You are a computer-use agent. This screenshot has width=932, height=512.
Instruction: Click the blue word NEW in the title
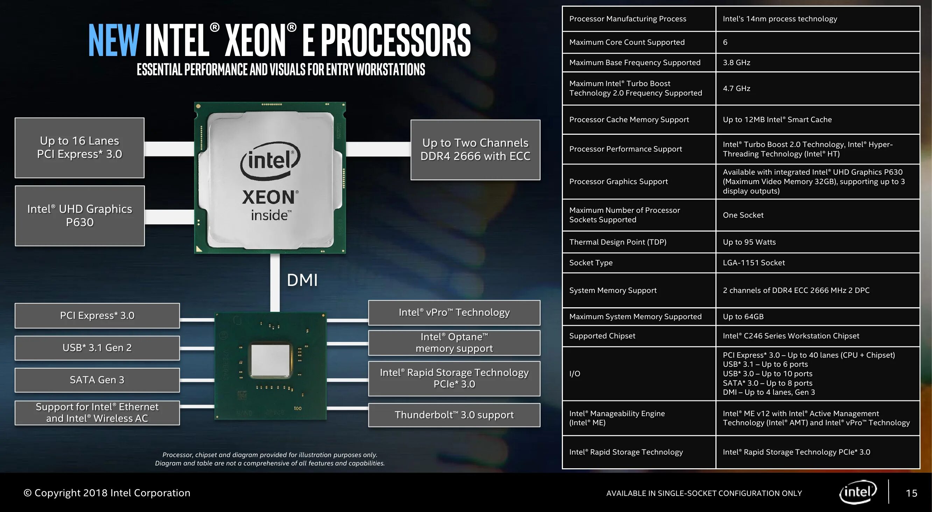click(114, 41)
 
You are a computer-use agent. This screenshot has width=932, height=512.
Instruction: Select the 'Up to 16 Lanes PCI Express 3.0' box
click(80, 148)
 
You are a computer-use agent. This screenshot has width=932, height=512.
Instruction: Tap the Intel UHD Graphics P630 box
click(80, 216)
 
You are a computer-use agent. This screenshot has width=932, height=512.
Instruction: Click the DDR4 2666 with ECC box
click(475, 150)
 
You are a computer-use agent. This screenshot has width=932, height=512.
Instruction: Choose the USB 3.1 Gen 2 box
click(97, 348)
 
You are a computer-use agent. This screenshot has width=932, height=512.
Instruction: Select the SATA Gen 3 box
click(97, 380)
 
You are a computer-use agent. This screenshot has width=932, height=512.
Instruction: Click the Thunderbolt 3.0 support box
click(454, 415)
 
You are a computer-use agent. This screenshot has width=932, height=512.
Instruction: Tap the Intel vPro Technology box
click(454, 313)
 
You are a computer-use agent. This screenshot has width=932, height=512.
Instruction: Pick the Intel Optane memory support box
click(454, 343)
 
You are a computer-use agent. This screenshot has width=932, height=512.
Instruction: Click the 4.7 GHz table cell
click(736, 89)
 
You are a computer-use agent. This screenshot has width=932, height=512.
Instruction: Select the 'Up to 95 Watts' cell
click(749, 242)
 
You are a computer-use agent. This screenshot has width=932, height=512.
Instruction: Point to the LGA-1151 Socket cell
click(754, 263)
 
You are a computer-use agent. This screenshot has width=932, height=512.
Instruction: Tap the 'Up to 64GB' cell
click(743, 317)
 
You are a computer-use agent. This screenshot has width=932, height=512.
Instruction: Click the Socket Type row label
click(591, 263)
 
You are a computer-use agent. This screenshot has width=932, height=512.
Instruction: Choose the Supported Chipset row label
click(602, 336)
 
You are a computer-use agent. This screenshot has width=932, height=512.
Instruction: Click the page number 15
click(911, 493)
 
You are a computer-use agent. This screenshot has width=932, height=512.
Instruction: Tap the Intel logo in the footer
click(858, 492)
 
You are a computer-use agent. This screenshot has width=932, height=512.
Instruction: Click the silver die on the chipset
click(271, 365)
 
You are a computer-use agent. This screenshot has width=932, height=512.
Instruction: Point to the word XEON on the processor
click(268, 198)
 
